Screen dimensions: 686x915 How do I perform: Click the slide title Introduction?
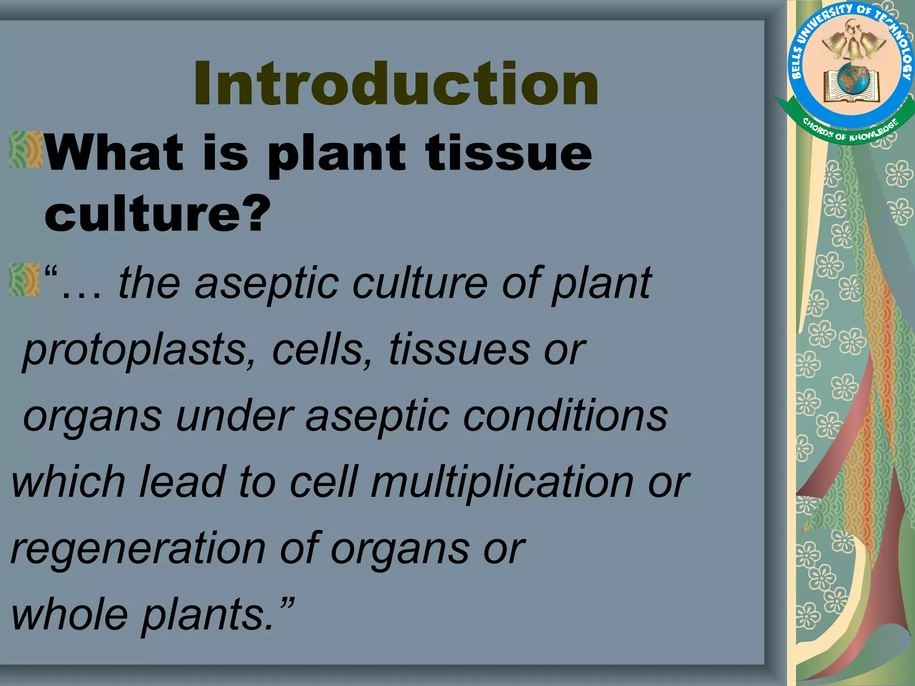tap(396, 84)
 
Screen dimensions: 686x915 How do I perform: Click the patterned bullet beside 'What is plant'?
tap(25, 150)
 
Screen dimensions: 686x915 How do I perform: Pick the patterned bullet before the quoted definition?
tap(24, 280)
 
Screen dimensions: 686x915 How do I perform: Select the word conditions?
tap(566, 416)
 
